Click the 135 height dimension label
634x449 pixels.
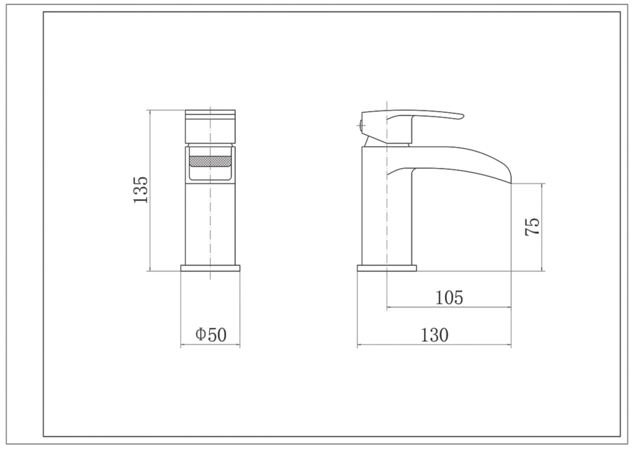click(x=141, y=190)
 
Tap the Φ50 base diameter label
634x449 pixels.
click(x=211, y=334)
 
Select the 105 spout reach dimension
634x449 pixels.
click(x=450, y=297)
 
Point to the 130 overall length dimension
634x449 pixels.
click(x=435, y=335)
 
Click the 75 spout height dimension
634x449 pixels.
click(x=532, y=226)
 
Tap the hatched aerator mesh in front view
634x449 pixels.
click(x=210, y=161)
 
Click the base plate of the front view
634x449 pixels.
click(x=210, y=268)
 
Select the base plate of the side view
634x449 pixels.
click(x=387, y=268)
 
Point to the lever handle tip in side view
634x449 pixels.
click(x=461, y=117)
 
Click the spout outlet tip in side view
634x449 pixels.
click(x=510, y=180)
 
